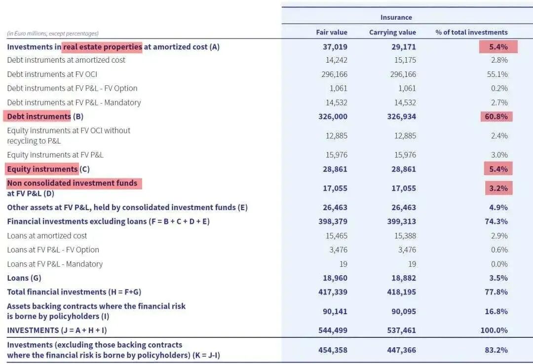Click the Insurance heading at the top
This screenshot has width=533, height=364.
coord(396,17)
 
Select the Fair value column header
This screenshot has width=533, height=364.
coord(332,33)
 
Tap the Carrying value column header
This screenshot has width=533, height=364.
coord(392,33)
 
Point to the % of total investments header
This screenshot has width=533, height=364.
coord(471,33)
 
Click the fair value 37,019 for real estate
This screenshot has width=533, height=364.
coord(335,47)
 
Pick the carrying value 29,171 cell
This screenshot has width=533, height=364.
coord(404,47)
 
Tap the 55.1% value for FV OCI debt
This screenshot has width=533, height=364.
coord(497,74)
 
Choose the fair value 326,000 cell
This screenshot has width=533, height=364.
coord(333,117)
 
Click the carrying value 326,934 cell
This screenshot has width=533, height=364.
coord(401,117)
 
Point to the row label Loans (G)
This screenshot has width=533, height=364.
coord(24,278)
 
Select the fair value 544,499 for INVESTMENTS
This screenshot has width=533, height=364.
coord(333,330)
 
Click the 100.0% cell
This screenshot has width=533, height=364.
coord(494,330)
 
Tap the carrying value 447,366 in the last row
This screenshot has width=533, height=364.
coord(401,350)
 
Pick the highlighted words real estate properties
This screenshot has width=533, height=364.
coord(102,47)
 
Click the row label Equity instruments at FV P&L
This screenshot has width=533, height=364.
coord(55,155)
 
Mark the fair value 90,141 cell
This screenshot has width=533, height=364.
coord(335,311)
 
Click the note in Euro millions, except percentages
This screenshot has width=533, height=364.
coord(53,34)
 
